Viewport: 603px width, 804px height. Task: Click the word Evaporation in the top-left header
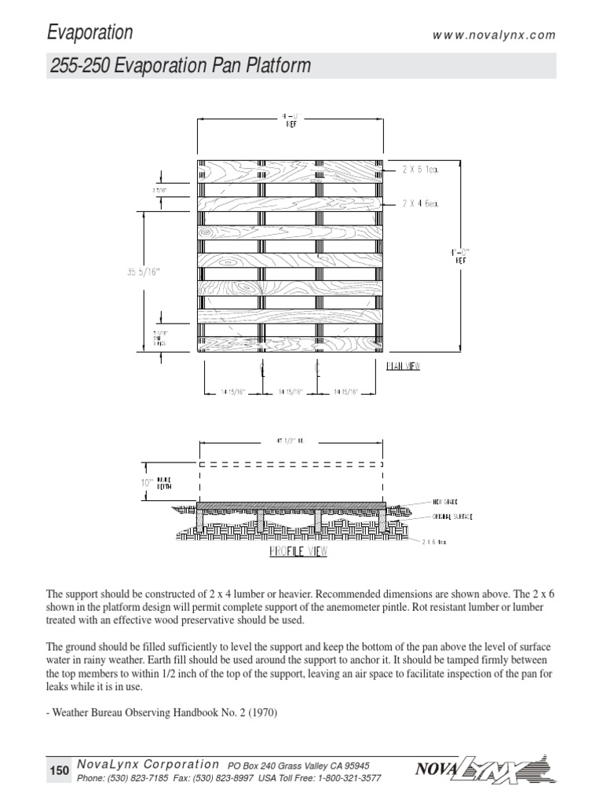pyautogui.click(x=90, y=32)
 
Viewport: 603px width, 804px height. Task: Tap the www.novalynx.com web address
pyautogui.click(x=494, y=35)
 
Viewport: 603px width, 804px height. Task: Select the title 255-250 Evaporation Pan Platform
pyautogui.click(x=179, y=67)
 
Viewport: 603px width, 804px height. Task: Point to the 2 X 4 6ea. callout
pyautogui.click(x=420, y=203)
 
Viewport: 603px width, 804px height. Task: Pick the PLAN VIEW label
pyautogui.click(x=404, y=366)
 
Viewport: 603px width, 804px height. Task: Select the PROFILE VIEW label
pyautogui.click(x=298, y=551)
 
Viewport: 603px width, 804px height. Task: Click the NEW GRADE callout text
pyautogui.click(x=444, y=500)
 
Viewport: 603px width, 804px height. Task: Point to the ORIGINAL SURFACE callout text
pyautogui.click(x=451, y=517)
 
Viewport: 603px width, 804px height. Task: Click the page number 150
pyautogui.click(x=60, y=771)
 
